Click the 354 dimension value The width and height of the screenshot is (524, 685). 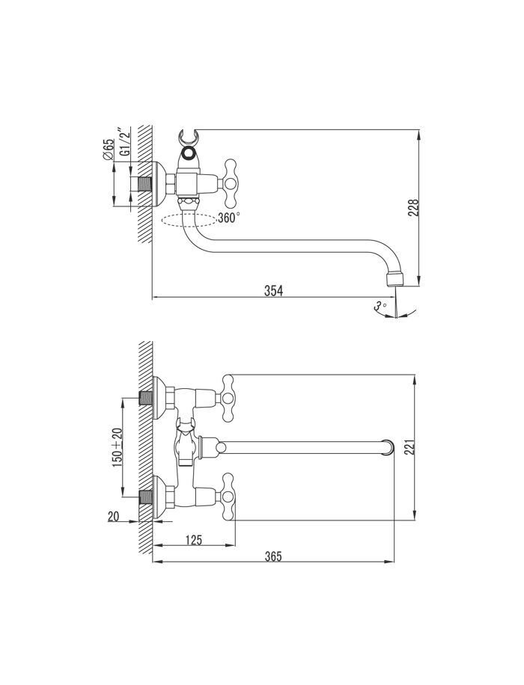pos(274,290)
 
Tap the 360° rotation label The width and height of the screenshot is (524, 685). pos(228,218)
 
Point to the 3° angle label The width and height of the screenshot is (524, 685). pos(380,307)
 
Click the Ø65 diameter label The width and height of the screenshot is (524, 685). pos(109,149)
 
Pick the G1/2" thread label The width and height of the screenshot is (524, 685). pos(125,142)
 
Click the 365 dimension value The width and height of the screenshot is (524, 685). pos(273,556)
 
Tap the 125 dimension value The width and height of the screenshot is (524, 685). pos(193,540)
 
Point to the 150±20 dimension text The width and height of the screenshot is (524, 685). pos(118,447)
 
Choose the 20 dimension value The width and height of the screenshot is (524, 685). pos(113,517)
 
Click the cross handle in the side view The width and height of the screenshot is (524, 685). pos(231,183)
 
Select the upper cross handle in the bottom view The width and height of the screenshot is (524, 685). pos(228,398)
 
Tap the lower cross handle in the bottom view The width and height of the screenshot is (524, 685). pos(228,496)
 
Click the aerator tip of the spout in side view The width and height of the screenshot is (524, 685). pos(394,280)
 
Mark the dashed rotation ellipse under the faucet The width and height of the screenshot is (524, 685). pos(189,220)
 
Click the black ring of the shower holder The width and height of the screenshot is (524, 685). pos(189,153)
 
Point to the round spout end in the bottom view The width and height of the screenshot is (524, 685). pos(389,447)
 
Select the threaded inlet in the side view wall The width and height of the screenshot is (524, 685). pos(143,184)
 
